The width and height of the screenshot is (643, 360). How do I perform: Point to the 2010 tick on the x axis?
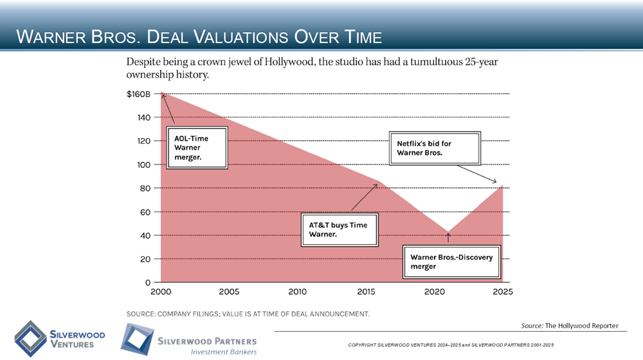[x=298, y=292]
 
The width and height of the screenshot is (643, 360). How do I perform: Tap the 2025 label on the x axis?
[x=502, y=292]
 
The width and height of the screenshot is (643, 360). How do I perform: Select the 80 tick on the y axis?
[x=145, y=188]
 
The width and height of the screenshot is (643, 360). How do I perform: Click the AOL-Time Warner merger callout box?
[x=197, y=148]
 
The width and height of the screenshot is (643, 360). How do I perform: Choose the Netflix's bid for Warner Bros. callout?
[x=435, y=148]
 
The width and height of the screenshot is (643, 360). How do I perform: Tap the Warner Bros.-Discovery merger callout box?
[x=451, y=262]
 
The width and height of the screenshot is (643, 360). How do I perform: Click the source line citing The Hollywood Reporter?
[x=570, y=326]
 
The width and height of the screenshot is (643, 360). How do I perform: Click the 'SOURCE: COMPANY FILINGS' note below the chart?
[x=248, y=314]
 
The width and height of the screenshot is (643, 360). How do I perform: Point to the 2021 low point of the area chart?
[x=448, y=232]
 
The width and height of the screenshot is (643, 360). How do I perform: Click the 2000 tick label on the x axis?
[x=161, y=292]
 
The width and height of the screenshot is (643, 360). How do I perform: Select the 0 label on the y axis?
[x=147, y=283]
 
